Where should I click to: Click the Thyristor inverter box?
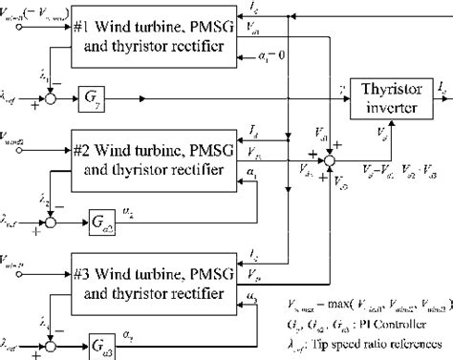(390, 97)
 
